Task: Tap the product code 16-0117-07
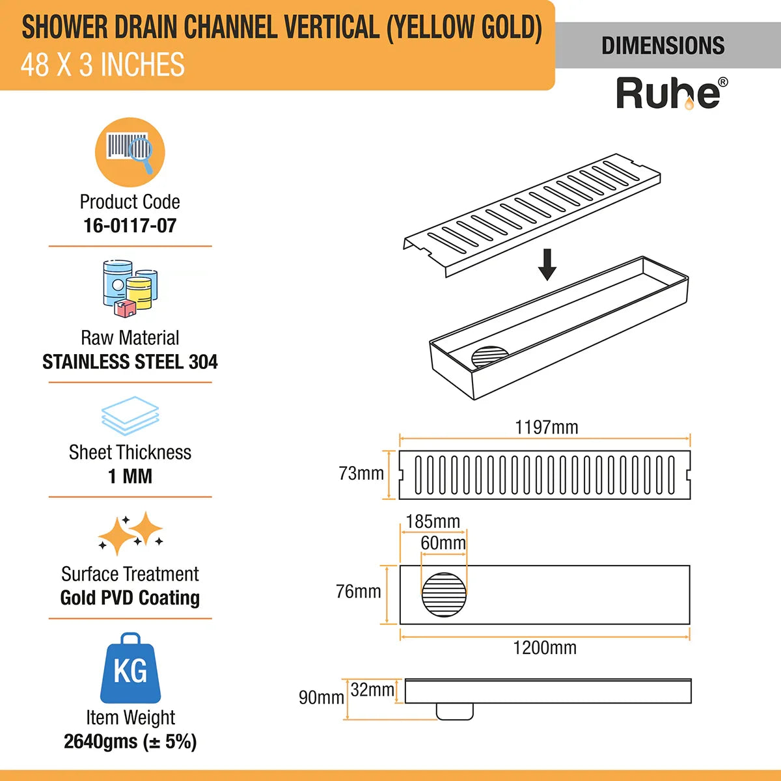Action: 130,226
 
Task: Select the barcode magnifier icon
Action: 130,152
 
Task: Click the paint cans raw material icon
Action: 130,288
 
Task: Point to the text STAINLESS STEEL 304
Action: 130,362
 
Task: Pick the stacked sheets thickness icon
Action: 130,416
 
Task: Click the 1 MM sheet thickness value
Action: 130,476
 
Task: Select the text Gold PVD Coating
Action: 130,597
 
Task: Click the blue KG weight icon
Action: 130,668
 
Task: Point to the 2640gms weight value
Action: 130,741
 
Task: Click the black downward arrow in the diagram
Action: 547,264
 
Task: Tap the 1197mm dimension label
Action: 546,428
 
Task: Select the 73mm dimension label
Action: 361,474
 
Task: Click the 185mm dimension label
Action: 432,522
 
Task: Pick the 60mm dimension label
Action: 443,543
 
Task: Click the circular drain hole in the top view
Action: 445,594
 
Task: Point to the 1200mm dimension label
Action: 545,648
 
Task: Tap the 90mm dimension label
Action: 321,698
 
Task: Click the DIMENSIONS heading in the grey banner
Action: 663,46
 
